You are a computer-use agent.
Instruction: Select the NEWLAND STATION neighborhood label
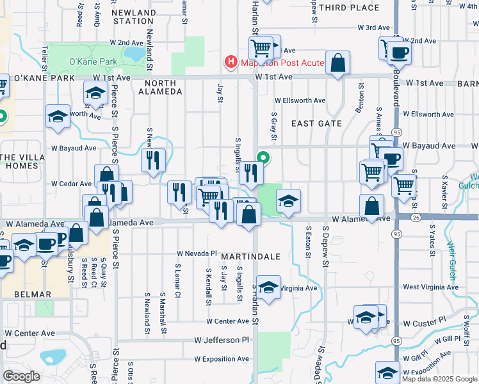click(x=133, y=17)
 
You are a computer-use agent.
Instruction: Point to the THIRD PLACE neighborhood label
click(x=348, y=8)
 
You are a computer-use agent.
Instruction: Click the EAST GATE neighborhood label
click(x=316, y=123)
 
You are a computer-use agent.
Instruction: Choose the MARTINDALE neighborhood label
click(x=251, y=256)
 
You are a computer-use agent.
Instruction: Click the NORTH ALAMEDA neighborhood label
click(x=163, y=87)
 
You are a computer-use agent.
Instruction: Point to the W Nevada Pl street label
click(x=198, y=253)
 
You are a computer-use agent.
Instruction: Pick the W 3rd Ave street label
click(x=374, y=28)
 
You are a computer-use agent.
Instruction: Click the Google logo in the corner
click(x=21, y=376)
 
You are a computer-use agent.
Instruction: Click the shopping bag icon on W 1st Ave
click(x=337, y=63)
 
